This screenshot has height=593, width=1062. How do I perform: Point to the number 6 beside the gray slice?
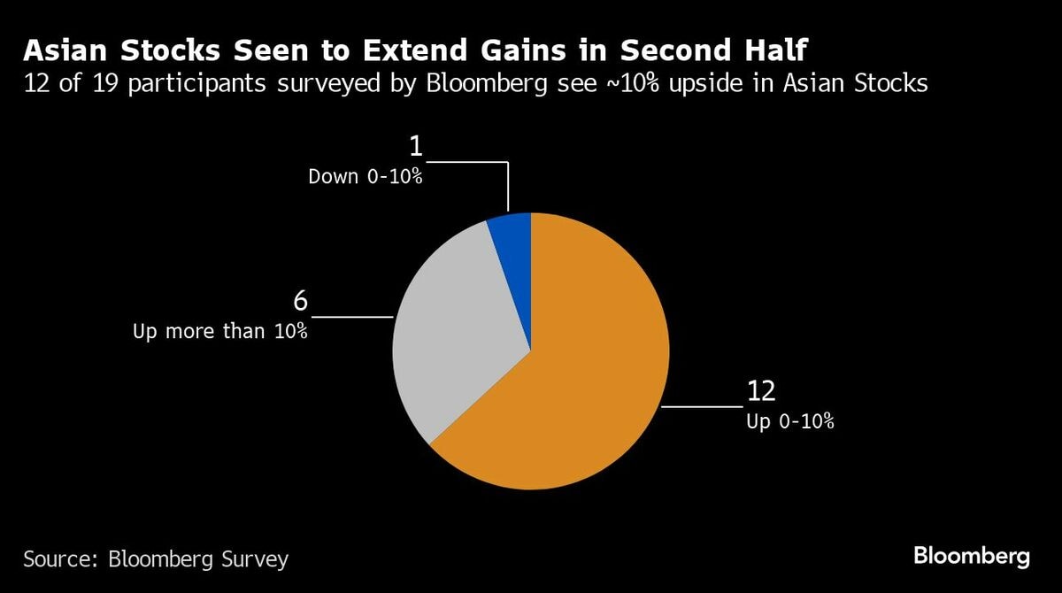pyautogui.click(x=300, y=302)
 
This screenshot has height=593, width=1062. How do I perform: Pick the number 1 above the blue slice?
pyautogui.click(x=415, y=146)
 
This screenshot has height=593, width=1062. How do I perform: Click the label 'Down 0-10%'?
pyautogui.click(x=366, y=176)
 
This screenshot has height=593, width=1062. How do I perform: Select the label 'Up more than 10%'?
pyautogui.click(x=220, y=332)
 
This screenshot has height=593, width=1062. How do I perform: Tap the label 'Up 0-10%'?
pyautogui.click(x=790, y=421)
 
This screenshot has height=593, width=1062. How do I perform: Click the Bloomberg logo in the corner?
pyautogui.click(x=971, y=557)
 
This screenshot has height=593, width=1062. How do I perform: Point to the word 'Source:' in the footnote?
pyautogui.click(x=61, y=559)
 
